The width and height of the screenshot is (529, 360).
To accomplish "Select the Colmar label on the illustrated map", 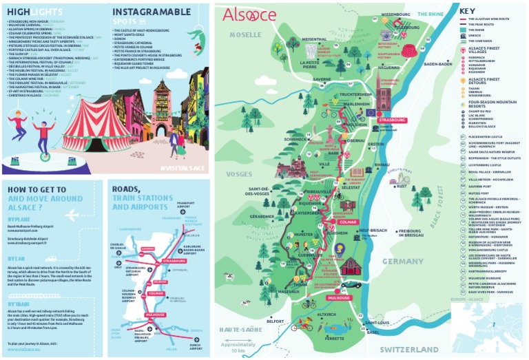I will (348, 222).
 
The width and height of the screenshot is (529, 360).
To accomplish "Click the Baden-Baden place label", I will (437, 64).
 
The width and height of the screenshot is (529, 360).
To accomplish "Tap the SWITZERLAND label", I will (411, 350).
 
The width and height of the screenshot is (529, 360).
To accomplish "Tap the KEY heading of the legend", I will (467, 11).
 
